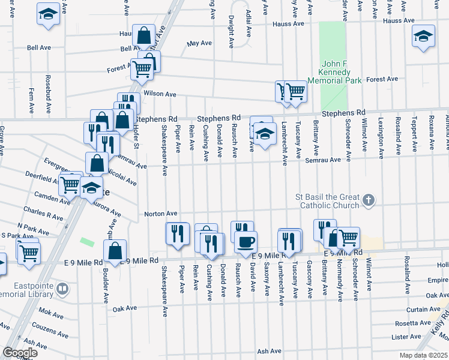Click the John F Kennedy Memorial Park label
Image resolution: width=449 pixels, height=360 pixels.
(328, 72)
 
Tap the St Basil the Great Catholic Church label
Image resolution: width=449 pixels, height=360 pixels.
(327, 201)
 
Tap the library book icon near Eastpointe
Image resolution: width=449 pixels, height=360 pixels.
(62, 290)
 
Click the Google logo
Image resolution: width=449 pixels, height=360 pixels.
(20, 352)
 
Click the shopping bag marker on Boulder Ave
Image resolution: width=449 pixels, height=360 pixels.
(115, 251)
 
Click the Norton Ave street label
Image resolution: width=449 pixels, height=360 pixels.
(160, 214)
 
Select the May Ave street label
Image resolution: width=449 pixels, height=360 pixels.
(200, 44)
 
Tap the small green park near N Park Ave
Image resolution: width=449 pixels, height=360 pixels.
(87, 242)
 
